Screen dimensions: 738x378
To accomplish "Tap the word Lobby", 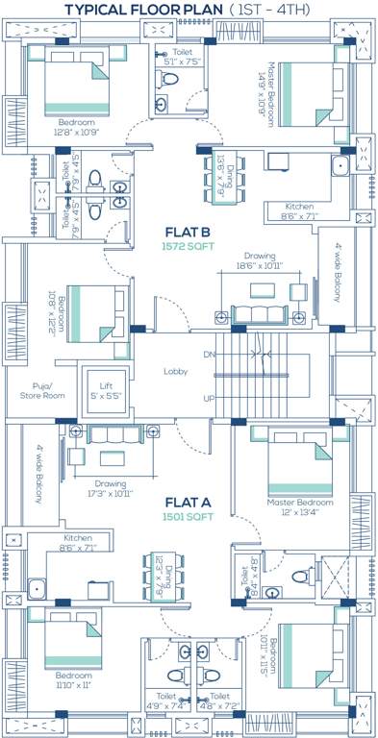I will [x=175, y=371].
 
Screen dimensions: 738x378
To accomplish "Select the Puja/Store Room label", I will [x=41, y=390].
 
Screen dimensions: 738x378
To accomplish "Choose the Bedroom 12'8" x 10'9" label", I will [x=76, y=128].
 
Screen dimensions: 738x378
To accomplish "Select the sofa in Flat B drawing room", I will [x=259, y=314].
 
